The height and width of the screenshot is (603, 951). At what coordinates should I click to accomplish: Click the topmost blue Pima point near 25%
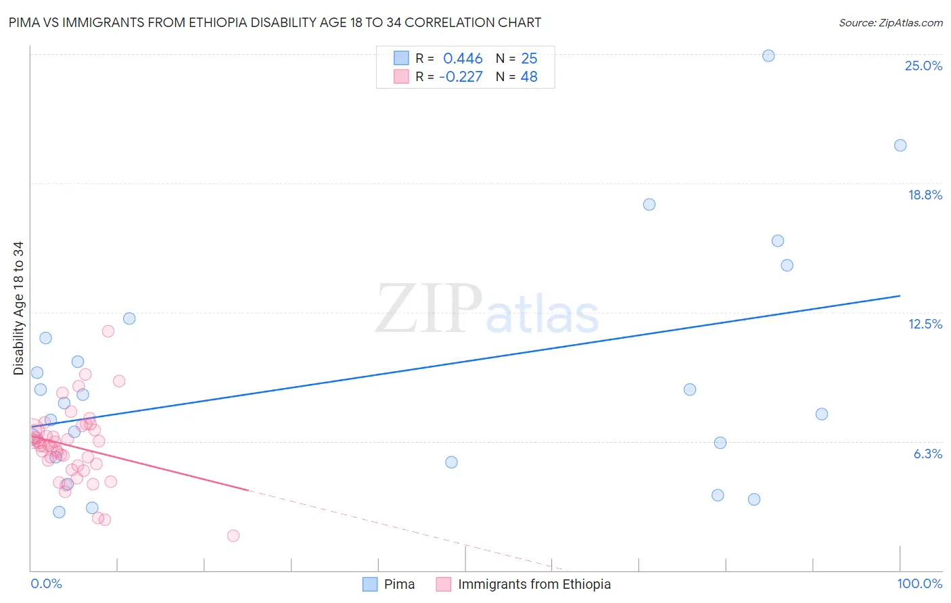point(768,56)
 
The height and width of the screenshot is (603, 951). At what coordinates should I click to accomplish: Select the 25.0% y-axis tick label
point(923,66)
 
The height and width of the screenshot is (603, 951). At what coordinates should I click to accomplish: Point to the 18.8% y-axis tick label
point(925,195)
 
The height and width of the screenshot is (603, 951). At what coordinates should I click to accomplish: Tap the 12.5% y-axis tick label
point(925,324)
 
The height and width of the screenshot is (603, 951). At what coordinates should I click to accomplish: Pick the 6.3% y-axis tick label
point(927,454)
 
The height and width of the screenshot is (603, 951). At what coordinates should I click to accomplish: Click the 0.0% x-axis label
point(46,583)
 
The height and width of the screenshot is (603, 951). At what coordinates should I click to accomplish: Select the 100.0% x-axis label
point(919,583)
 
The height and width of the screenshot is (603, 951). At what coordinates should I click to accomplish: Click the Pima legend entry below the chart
point(399,584)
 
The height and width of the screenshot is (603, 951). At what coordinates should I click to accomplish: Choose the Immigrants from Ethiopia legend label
point(534,584)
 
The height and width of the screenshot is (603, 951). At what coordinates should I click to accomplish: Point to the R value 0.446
point(463,59)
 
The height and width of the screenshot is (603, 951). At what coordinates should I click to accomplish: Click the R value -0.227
point(461,77)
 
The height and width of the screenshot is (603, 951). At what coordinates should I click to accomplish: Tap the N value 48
point(529,77)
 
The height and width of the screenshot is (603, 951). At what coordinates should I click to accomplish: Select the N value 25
point(529,59)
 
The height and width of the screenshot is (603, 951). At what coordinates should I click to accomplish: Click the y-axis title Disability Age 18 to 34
point(18,308)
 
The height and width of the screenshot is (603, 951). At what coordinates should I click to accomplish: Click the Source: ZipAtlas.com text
point(890,22)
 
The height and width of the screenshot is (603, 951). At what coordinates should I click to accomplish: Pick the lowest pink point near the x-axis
point(233,535)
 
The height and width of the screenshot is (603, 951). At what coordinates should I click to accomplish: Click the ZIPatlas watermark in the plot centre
point(487,310)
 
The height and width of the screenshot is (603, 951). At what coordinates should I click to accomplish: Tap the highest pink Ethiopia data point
point(108,331)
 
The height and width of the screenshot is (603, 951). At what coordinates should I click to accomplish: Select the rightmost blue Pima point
point(900,145)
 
